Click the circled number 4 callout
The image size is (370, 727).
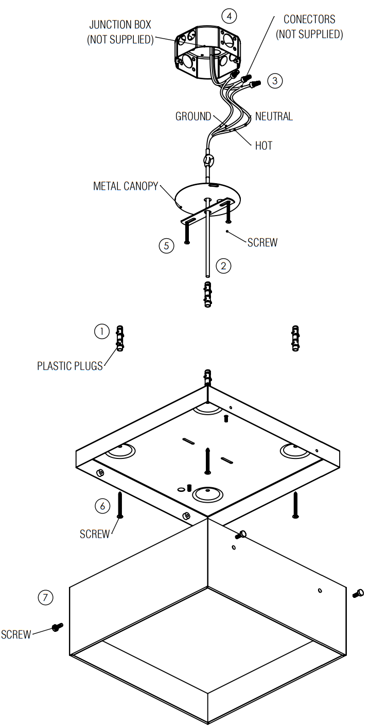point(229,16)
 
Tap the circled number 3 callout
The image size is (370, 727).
point(275,81)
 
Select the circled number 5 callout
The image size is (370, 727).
point(166,246)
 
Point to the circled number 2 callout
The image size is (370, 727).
point(223,266)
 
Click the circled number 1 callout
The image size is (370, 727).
point(101,331)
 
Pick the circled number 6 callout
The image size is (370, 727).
point(102,506)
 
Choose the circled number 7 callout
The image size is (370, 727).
point(46,597)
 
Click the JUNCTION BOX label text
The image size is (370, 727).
point(120,25)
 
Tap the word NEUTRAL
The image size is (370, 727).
point(274,117)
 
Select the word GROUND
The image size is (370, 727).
point(193,117)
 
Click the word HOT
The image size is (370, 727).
point(263,146)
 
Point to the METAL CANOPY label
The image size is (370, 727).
point(126,186)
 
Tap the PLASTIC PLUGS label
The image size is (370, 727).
point(70,366)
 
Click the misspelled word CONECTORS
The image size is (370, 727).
point(309,20)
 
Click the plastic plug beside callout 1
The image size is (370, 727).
point(119,338)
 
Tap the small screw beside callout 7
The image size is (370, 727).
point(57,627)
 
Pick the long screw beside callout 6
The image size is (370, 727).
point(119,504)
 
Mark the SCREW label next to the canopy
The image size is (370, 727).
point(262,242)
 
